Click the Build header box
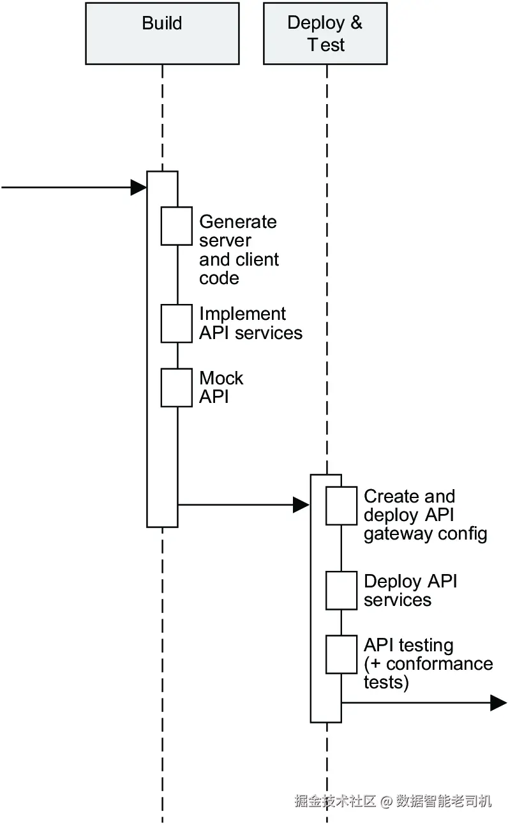coord(162,33)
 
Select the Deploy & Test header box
coord(325,33)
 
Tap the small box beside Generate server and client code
coord(177,226)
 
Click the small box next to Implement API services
coord(177,323)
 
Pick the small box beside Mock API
coord(177,388)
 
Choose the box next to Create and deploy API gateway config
coord(341,506)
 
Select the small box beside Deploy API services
coord(341,591)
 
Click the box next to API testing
coord(341,655)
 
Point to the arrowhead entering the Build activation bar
coord(138,188)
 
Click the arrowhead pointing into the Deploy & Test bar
coord(301,504)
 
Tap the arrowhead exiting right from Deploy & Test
coord(499,703)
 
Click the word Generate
coord(238,222)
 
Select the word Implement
coord(243,314)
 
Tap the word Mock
coord(221,378)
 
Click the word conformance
coord(440,664)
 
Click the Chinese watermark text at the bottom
coord(392,801)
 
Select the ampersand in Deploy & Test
coord(356,22)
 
